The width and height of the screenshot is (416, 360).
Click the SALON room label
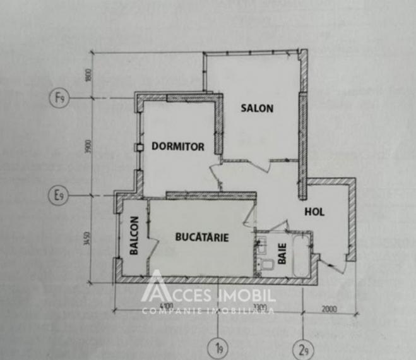click(x=258, y=108)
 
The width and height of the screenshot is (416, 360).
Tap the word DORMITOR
click(x=178, y=147)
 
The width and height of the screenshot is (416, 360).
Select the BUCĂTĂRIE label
click(x=201, y=237)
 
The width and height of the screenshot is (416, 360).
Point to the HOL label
click(x=314, y=212)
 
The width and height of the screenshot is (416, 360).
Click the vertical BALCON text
click(x=134, y=236)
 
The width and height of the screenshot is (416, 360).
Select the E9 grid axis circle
click(x=59, y=196)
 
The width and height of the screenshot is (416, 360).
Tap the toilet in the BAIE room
click(x=266, y=264)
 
